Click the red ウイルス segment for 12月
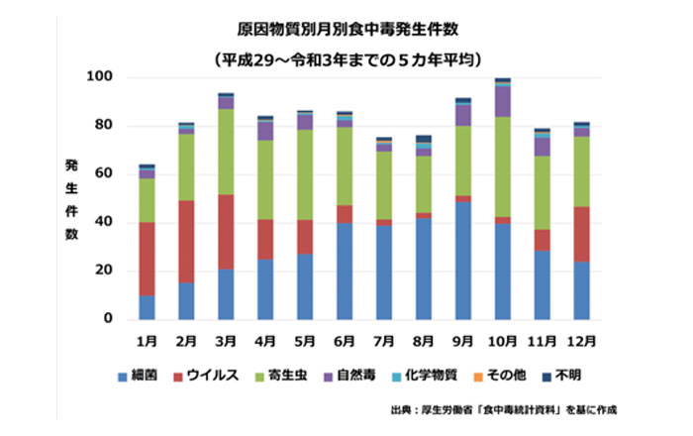coord(582,234)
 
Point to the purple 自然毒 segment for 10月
coord(503,102)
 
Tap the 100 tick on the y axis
coord(103,77)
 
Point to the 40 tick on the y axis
coord(107,223)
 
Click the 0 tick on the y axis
coord(111,320)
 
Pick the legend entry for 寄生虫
coord(288,378)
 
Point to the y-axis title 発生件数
coord(72,197)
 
